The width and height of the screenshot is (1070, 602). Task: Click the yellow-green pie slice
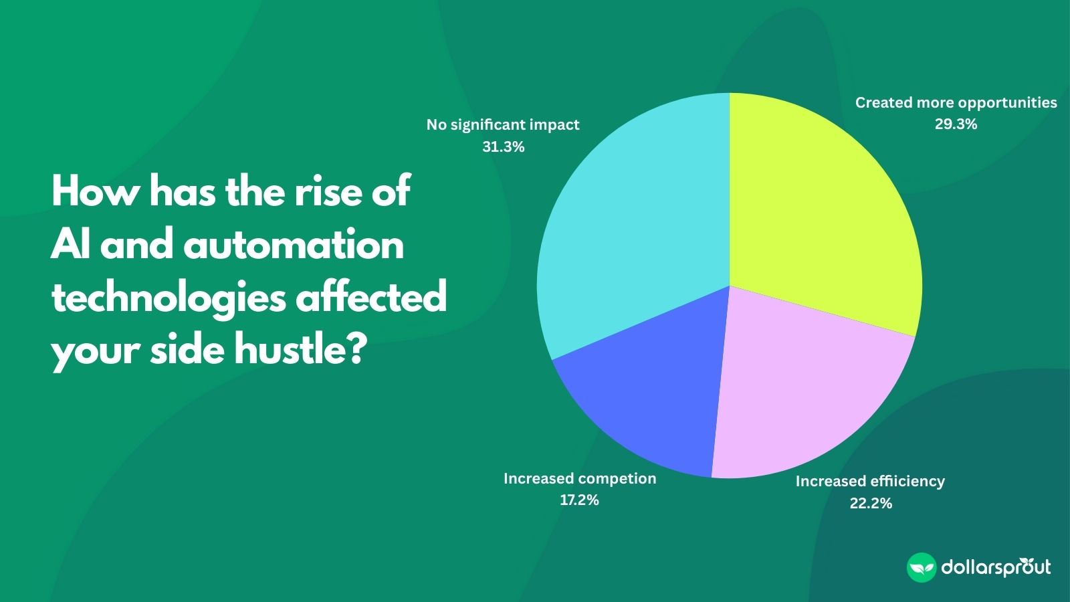click(823, 214)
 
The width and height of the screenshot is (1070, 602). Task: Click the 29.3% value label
click(956, 124)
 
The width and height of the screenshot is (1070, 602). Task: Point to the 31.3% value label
click(503, 147)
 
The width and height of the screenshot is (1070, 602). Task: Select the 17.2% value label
click(579, 500)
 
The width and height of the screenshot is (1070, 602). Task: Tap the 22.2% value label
click(871, 503)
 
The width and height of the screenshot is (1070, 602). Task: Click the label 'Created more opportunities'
click(956, 103)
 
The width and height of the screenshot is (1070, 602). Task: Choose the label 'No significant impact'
click(503, 125)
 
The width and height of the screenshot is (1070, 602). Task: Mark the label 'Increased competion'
click(579, 479)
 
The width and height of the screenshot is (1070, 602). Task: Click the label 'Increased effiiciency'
click(869, 482)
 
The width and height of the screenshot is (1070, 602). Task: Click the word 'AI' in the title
click(71, 245)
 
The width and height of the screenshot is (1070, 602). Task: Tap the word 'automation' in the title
click(294, 245)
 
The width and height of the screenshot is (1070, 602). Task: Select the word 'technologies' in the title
click(168, 298)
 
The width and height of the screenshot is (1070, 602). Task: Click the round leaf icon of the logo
click(921, 568)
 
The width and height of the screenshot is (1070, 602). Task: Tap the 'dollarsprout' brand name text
click(996, 568)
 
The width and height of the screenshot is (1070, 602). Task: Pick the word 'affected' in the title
click(371, 297)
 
